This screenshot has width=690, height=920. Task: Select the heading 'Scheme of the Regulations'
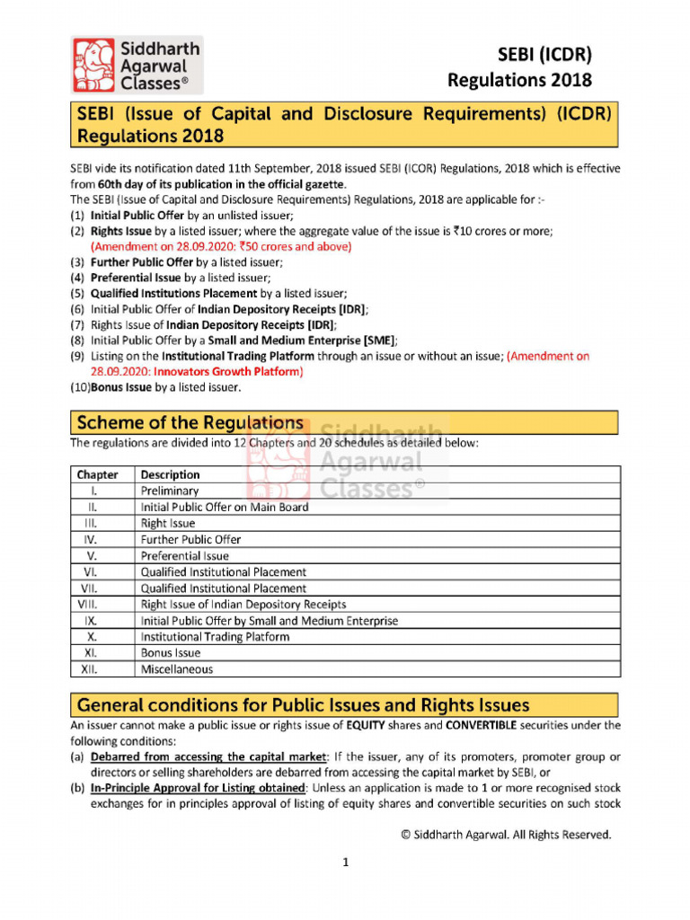tap(190, 422)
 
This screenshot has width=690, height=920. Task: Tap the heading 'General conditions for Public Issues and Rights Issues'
tap(303, 704)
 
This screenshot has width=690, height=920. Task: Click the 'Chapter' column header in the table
tap(97, 474)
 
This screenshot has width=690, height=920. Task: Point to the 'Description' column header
tap(171, 474)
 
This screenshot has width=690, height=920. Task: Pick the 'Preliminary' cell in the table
tap(170, 491)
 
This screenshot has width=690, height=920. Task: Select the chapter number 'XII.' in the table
tap(89, 669)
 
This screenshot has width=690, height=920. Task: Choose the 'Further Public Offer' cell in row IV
tap(190, 539)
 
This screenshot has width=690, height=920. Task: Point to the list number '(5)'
tap(78, 294)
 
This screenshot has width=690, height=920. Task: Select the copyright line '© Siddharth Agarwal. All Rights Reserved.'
tap(506, 835)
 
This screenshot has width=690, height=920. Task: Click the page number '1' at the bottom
tap(344, 863)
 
